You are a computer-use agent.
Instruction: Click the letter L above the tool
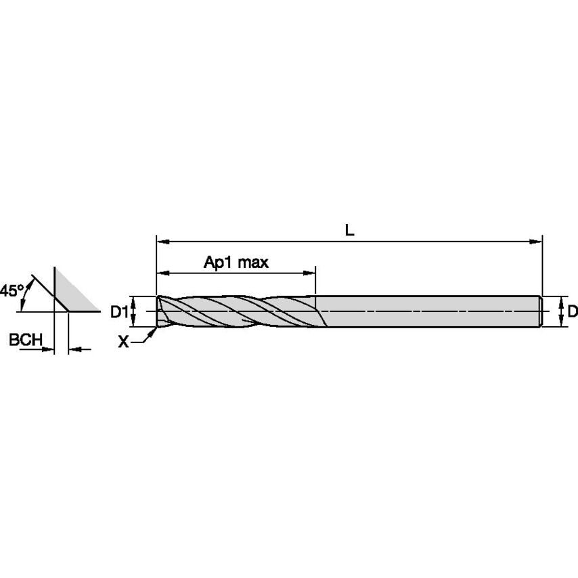(x=349, y=230)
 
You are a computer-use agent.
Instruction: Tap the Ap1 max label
(x=236, y=263)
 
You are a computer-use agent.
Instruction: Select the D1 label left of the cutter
(x=119, y=311)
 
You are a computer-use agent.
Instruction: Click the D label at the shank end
(x=572, y=311)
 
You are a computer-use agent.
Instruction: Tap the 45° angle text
(x=12, y=291)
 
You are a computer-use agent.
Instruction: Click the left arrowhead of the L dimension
(x=161, y=240)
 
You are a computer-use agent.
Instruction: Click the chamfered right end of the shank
(x=541, y=311)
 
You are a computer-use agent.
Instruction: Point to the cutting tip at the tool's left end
(x=159, y=312)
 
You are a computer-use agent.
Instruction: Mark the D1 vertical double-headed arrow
(x=134, y=311)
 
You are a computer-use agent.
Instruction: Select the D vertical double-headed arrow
(x=561, y=311)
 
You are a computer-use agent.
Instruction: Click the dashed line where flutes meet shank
(x=322, y=312)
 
